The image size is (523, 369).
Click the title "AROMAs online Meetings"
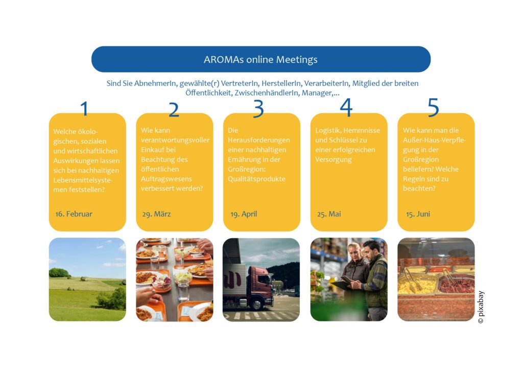pos(260,59)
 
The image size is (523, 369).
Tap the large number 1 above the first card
pos(84,108)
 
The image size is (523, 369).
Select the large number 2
pos(174,109)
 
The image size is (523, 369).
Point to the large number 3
pos(258,108)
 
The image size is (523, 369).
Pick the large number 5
pos(433,107)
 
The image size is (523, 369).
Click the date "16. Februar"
pos(74,214)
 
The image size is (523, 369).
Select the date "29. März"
pos(156,214)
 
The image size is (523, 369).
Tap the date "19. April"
pos(244,214)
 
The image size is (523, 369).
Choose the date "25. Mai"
pos(329,214)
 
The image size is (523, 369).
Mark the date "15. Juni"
pos(418,214)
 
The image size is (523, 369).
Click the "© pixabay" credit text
pos(481,307)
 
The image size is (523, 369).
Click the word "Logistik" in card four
pos(328,130)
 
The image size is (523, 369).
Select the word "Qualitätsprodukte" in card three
pos(256,179)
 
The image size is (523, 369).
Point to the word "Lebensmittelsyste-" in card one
pos(83,180)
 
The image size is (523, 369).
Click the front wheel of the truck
pos(257,304)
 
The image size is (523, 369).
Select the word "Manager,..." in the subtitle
pos(321,93)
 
